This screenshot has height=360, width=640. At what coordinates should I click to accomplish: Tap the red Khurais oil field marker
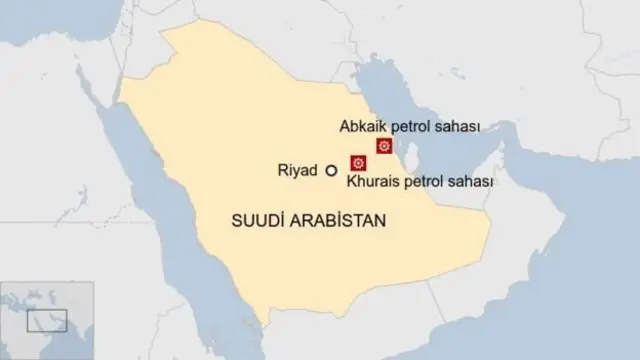tap(355, 163)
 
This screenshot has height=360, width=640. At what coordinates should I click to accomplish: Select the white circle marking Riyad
tap(330, 172)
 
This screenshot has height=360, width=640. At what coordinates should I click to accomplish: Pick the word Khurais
tap(372, 183)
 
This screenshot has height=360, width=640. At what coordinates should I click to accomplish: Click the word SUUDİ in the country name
tap(257, 217)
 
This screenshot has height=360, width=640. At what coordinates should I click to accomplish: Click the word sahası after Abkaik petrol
tap(459, 127)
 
